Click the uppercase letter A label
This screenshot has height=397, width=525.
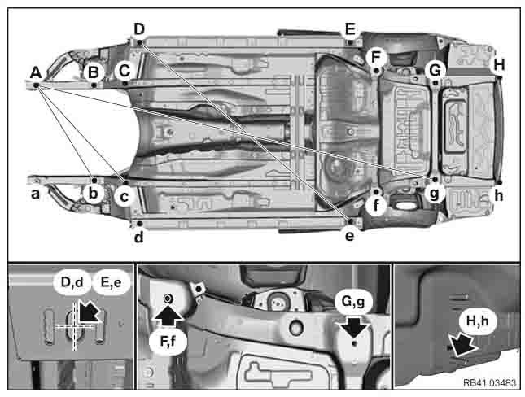click(35, 73)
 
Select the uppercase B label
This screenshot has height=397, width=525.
click(94, 72)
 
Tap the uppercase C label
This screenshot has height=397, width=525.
click(124, 71)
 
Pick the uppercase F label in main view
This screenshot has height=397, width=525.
click(374, 57)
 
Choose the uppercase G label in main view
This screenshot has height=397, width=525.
click(435, 71)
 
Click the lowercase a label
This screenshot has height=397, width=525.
click(35, 194)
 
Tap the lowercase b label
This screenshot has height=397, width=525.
click(94, 194)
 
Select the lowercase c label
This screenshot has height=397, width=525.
click(124, 196)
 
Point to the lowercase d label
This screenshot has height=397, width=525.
click(139, 237)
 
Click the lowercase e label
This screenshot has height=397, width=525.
click(350, 236)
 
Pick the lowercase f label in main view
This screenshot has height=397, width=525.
click(376, 207)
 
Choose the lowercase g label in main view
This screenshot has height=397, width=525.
click(434, 194)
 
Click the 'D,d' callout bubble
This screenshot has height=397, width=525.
click(73, 283)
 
